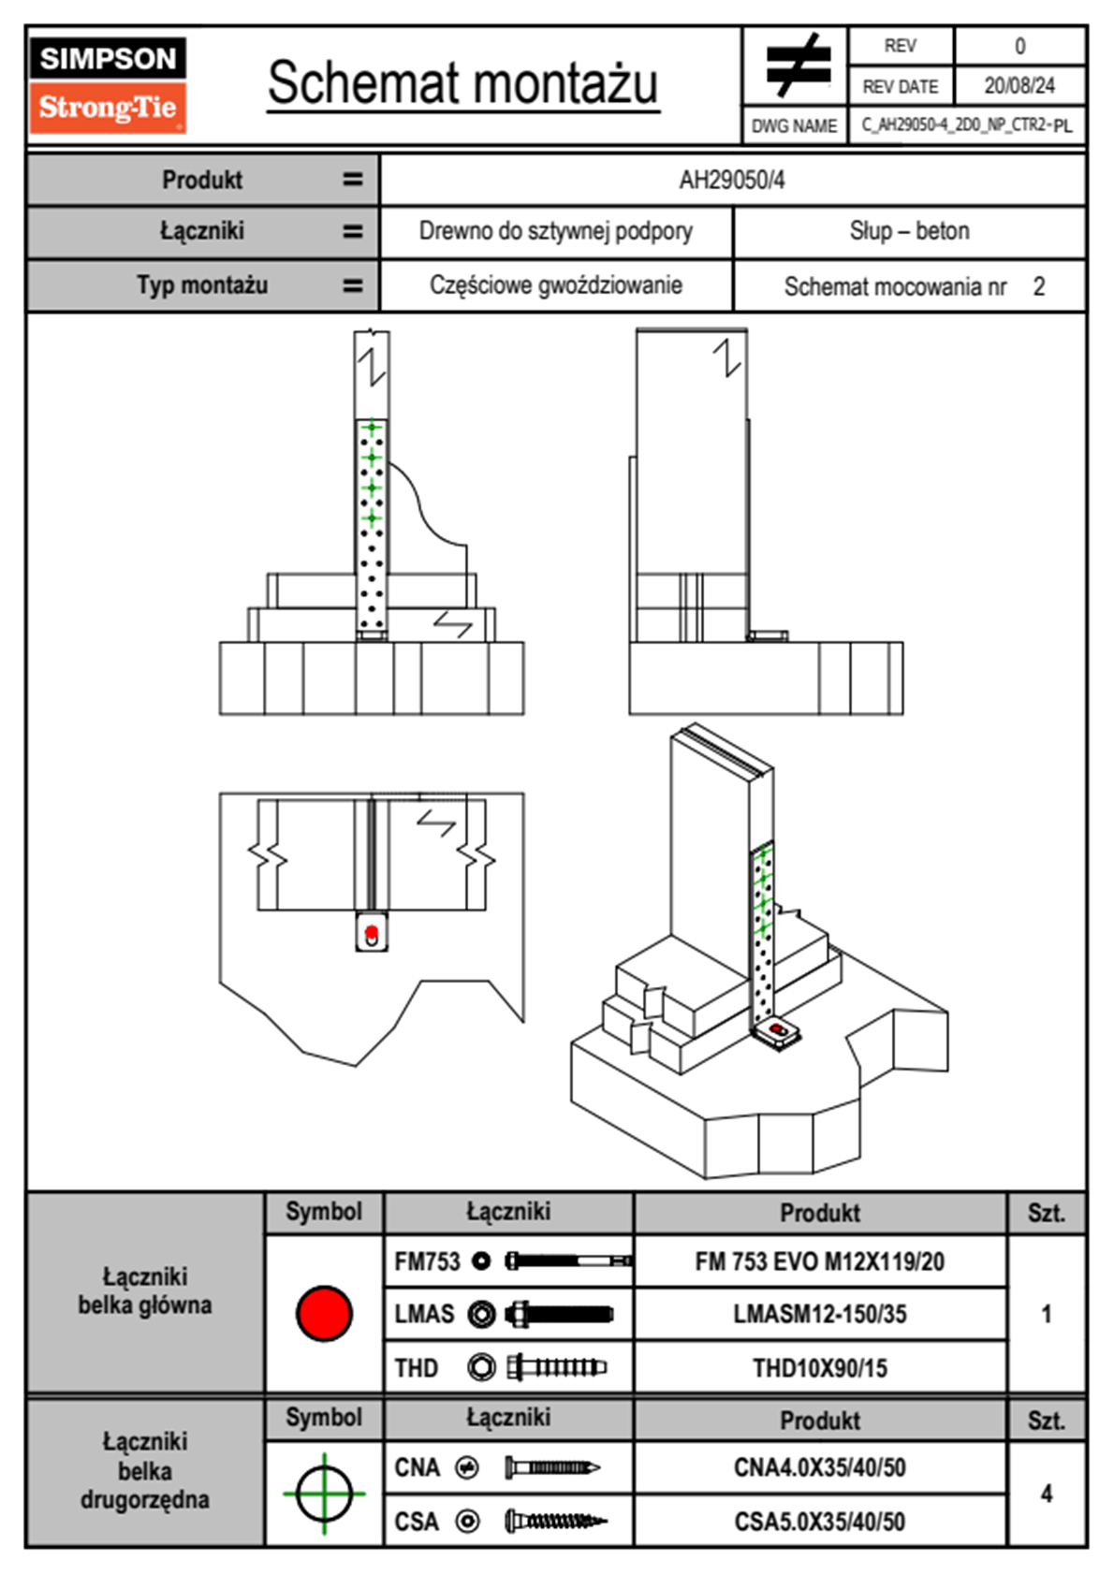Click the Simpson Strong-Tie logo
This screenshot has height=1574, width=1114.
(x=108, y=85)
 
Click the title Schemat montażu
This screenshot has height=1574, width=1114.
(x=463, y=83)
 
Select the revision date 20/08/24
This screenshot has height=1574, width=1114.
(x=1019, y=86)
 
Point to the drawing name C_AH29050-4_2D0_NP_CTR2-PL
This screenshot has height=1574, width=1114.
(x=966, y=125)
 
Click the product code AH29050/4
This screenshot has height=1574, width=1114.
(x=732, y=181)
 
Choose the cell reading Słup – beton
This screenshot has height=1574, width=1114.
(x=909, y=232)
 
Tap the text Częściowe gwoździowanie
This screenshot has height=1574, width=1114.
(x=555, y=285)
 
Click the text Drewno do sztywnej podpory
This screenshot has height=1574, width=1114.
(x=555, y=232)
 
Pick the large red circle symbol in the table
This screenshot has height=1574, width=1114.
(x=324, y=1313)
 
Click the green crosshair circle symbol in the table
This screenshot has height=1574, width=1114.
(x=324, y=1493)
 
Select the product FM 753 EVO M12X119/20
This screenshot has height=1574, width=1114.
(x=819, y=1262)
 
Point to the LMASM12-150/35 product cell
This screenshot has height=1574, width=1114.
(x=819, y=1315)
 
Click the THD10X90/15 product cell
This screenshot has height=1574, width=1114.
(x=819, y=1368)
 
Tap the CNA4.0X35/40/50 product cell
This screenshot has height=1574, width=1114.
(x=819, y=1467)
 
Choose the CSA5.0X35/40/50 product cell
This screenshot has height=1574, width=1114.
(x=819, y=1522)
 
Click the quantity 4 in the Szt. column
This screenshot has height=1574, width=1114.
(x=1046, y=1494)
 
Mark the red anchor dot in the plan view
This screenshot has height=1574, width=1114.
(x=372, y=932)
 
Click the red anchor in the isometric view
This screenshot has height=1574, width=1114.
(x=776, y=1030)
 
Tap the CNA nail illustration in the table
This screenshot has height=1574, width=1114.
(x=551, y=1467)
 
